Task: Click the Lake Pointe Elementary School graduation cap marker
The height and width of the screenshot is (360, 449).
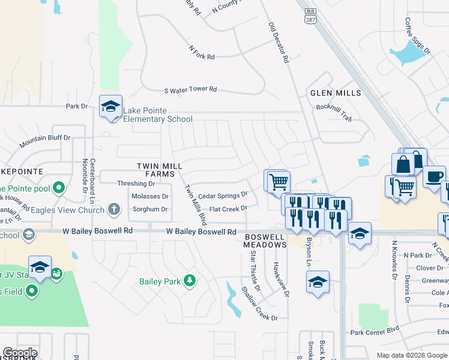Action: [x=110, y=106]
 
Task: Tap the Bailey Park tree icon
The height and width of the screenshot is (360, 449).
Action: [x=190, y=280]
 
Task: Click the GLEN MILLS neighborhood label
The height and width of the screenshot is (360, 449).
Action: [x=336, y=93]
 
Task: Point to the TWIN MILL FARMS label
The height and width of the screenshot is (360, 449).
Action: [x=159, y=170]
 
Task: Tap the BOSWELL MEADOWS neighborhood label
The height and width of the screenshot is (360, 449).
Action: [x=265, y=241]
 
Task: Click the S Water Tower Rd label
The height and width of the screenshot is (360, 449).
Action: [x=190, y=89]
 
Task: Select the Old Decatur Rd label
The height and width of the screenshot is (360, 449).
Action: [x=279, y=43]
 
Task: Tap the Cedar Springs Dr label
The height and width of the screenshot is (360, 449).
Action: [x=223, y=195]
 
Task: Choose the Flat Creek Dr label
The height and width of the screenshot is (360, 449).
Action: [x=228, y=209]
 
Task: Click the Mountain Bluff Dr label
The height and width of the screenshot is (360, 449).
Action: [x=44, y=142]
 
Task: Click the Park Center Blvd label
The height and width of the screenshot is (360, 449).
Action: [x=375, y=330]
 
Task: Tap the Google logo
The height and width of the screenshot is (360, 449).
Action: [x=20, y=353]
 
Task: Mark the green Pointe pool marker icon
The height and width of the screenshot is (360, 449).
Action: [x=58, y=188]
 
